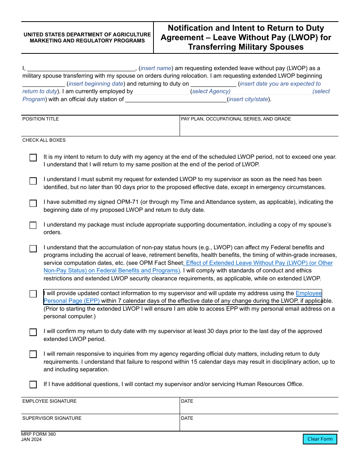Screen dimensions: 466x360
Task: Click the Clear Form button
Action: coord(320,439)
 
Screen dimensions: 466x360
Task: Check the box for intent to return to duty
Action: coord(33,158)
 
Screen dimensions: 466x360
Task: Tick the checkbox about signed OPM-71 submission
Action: coord(33,203)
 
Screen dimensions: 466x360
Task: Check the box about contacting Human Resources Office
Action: coord(33,385)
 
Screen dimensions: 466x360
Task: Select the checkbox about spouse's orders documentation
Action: coord(33,225)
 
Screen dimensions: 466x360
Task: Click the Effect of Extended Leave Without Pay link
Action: coord(258,263)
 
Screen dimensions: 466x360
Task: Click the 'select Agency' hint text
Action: coord(211,91)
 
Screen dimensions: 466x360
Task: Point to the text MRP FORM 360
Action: coord(38,434)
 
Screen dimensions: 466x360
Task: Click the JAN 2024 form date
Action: coord(31,439)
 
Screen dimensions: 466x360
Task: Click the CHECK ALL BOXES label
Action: coord(44,140)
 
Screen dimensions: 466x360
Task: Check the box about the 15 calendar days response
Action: coord(33,355)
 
